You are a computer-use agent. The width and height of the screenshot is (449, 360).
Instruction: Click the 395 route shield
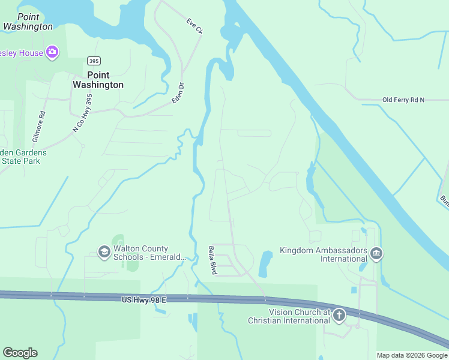point(93,61)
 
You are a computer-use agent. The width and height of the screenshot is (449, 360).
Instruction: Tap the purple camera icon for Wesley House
point(52,53)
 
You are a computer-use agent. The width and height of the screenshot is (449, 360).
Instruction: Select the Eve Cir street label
point(194,27)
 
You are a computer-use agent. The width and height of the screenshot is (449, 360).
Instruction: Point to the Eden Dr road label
point(177,94)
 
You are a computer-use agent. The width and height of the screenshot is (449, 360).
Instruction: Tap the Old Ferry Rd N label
point(403,100)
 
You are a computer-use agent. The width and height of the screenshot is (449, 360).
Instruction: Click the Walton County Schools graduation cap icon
point(104,251)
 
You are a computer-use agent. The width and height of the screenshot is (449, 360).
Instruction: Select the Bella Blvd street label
point(212,260)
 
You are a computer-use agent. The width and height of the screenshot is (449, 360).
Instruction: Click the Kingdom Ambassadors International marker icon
point(376,253)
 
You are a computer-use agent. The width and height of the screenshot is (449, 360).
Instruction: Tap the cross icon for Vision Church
point(339,314)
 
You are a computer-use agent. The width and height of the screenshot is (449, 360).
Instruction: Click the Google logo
point(20,353)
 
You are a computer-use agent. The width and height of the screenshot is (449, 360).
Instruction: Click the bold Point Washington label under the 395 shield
point(98,80)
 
